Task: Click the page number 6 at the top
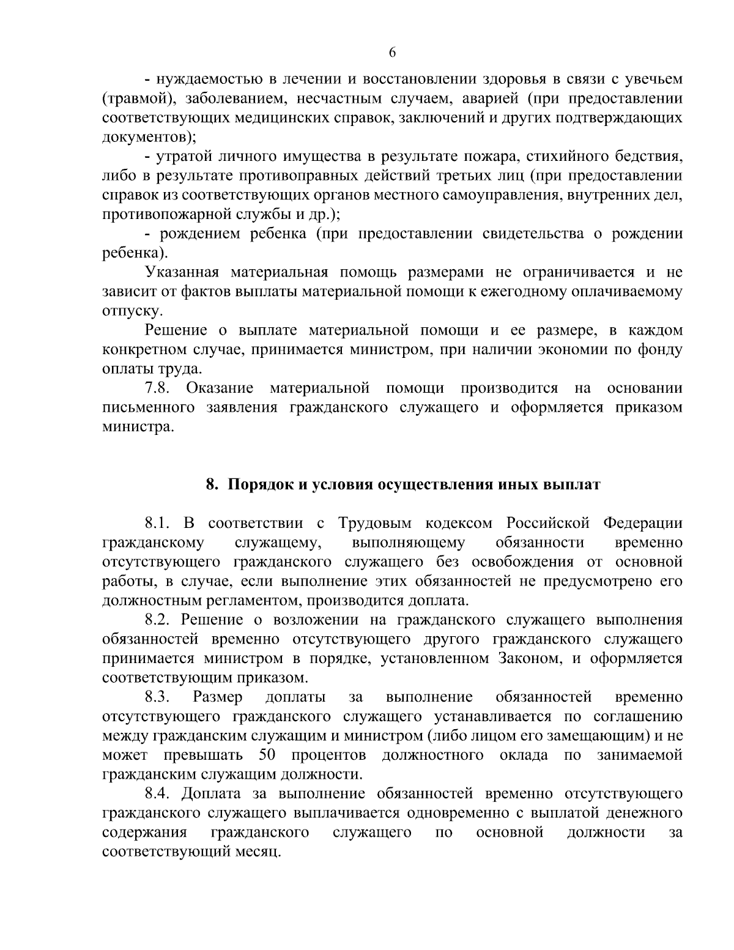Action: click(x=392, y=53)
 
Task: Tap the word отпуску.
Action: click(x=124, y=311)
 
